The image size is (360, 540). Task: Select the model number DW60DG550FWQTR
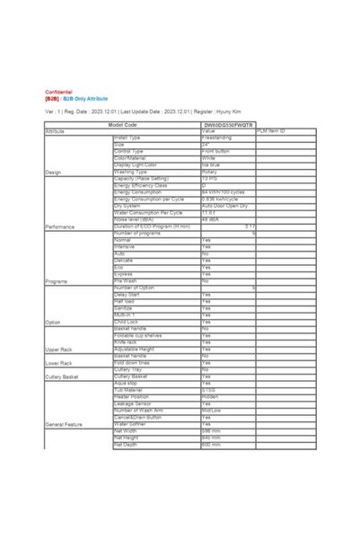tap(228, 125)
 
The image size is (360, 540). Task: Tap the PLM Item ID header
tap(270, 131)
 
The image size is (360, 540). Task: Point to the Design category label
tap(53, 172)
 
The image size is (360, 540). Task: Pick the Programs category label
tap(57, 281)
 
